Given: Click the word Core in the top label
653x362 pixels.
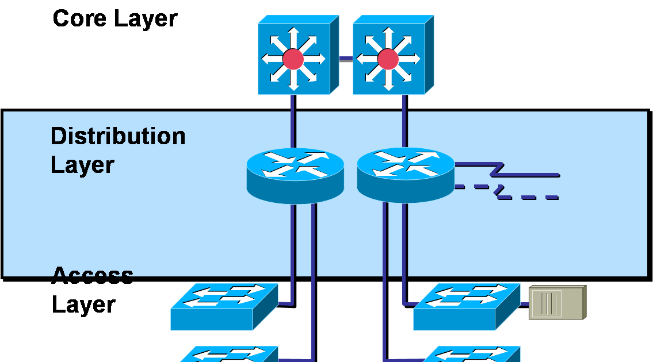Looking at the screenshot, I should point(80,18).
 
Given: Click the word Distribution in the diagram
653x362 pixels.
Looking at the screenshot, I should point(118,137).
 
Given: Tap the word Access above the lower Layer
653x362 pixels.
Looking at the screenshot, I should point(92,276).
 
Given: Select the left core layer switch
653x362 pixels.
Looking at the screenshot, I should point(295,56).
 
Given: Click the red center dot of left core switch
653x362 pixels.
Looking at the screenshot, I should point(293,59).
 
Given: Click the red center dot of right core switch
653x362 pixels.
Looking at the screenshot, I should point(388,59).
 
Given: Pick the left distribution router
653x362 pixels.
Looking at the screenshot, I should point(295,175).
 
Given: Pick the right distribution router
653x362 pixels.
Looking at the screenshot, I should point(406,175).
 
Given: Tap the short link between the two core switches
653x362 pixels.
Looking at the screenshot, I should point(345,58).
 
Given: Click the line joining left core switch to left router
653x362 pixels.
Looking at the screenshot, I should point(293,121).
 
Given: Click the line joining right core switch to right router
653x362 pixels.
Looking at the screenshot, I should point(405,121).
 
